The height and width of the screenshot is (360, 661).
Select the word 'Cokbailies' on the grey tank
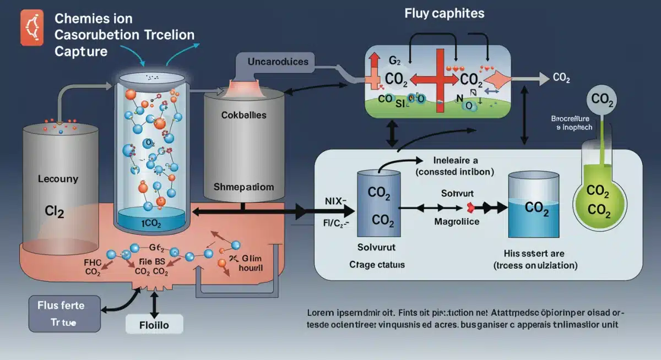(243, 116)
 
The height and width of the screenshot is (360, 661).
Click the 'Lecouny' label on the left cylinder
(58, 179)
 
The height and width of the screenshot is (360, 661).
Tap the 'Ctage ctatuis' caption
(377, 264)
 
